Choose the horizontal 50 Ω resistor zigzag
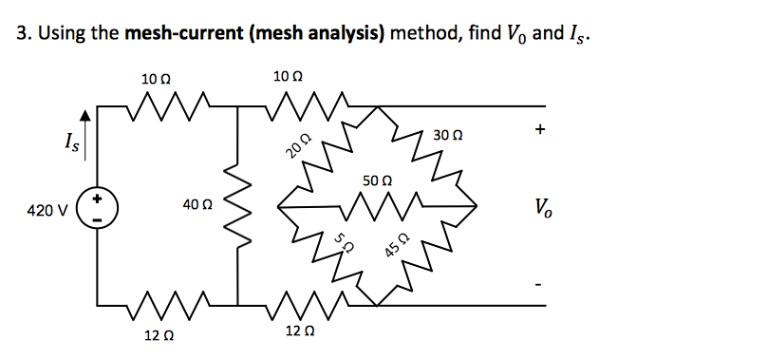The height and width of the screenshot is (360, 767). click(376, 204)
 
